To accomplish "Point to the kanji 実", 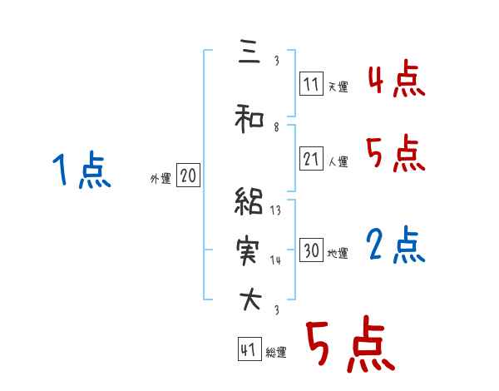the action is point(249,249).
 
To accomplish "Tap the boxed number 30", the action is point(311,250).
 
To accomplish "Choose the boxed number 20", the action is point(188,176).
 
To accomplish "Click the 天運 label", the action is point(338,86).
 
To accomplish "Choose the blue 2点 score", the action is point(397,246).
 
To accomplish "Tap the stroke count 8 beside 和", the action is point(276,126).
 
